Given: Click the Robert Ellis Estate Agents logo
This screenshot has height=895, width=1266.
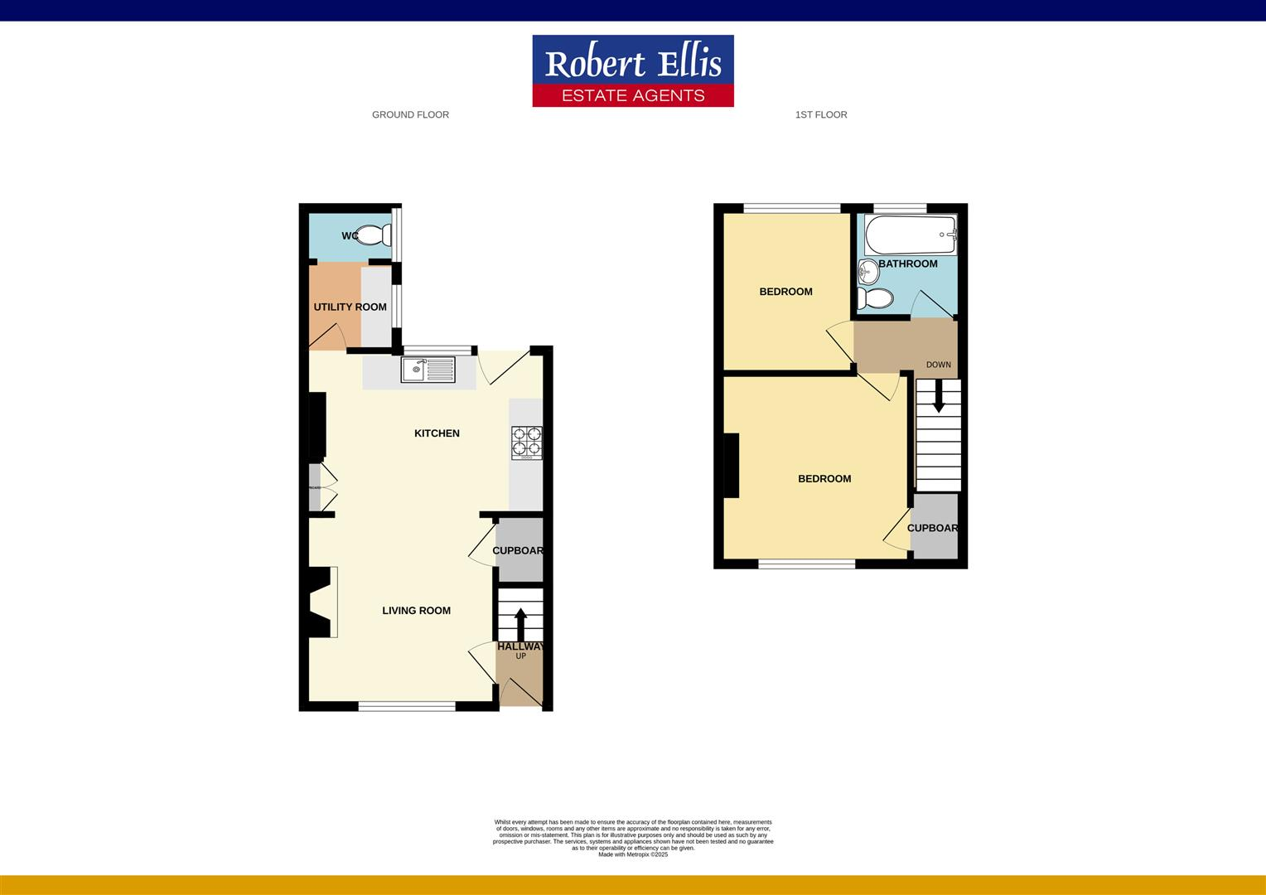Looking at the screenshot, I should pos(632,70).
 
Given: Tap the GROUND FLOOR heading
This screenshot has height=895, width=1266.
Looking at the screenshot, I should pos(410,115).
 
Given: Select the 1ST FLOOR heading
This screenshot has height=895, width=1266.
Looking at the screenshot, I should pos(820,115).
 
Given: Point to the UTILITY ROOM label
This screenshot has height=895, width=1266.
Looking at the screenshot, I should pos(350,307).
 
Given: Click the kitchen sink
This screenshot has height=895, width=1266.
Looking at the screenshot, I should pos(428,370).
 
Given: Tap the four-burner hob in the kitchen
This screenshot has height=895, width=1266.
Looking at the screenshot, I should pos(526,443).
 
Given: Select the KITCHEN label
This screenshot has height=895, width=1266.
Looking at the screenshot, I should pos(437,433).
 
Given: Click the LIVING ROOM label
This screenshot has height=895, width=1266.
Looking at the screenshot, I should pos(416,611).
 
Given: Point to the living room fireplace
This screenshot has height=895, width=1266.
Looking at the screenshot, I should pos(321,602).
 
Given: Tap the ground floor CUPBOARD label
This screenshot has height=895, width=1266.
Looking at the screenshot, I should pos(518,551).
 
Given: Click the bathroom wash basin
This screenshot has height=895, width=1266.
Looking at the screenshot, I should pos(867,270).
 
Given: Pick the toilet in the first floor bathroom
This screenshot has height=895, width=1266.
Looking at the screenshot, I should pos(874,298).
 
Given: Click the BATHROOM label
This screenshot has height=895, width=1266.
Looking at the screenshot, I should pos(908,264).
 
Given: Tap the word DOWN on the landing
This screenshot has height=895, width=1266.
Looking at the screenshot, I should pos(939,365).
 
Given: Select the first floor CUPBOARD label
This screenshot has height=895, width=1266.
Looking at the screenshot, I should pos(932,529).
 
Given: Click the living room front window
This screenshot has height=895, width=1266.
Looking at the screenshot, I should pos(407,706).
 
